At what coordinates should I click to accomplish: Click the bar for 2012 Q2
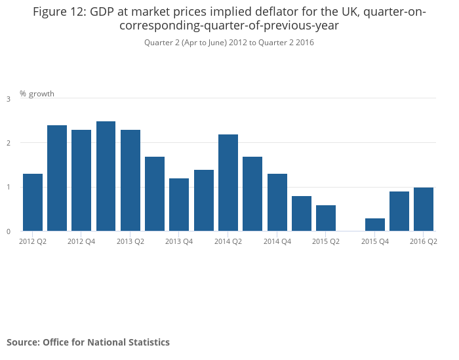[32, 202]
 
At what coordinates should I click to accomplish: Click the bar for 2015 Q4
[375, 224]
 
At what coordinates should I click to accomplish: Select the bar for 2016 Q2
[424, 209]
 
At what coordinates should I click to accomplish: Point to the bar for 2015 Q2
[326, 218]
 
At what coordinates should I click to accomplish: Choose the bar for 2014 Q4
[277, 202]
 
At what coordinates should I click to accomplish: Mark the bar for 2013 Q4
[179, 205]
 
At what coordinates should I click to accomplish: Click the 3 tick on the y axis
[9, 99]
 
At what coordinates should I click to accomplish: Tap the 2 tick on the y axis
[9, 143]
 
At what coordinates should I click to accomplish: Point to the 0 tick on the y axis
[9, 231]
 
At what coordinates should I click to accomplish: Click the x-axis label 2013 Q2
[130, 241]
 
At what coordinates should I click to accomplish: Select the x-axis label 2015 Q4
[375, 241]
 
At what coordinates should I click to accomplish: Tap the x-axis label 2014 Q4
[277, 241]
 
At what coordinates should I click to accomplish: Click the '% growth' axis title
[37, 94]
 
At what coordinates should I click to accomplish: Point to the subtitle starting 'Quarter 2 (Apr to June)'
[229, 43]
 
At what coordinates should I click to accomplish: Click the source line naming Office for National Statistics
[88, 342]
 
